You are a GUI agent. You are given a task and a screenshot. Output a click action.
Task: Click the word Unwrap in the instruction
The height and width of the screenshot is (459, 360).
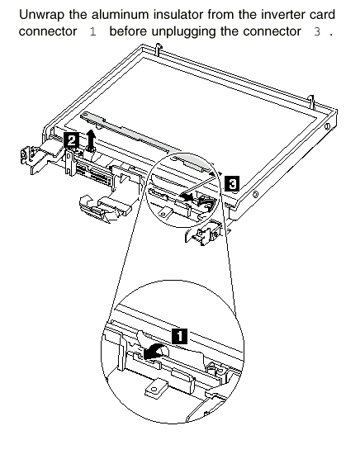click(41, 14)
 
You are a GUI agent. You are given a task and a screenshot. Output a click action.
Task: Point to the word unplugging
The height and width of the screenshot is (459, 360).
click(184, 31)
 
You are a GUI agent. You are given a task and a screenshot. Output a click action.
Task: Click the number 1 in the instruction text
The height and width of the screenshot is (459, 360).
click(92, 31)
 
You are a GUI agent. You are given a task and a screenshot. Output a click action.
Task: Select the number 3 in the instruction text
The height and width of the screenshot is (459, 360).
click(317, 31)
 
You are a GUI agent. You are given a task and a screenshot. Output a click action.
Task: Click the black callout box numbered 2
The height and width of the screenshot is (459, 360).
click(71, 140)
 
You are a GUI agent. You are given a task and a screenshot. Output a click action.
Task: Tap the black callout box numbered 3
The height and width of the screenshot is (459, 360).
click(232, 183)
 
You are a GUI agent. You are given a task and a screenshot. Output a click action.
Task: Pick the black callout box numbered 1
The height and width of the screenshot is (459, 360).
click(179, 336)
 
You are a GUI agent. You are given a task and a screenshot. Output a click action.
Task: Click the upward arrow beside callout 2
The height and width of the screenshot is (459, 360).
click(92, 140)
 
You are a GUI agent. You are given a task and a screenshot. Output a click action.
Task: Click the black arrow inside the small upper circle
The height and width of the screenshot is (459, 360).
click(187, 198)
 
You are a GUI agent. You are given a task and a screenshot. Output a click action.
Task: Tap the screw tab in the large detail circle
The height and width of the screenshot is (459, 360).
click(156, 388)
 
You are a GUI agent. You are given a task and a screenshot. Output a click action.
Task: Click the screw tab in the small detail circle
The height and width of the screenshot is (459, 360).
click(164, 212)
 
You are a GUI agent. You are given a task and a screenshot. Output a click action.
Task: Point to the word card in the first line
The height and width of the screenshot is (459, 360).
click(323, 14)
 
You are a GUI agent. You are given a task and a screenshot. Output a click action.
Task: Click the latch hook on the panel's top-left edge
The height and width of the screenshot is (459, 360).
click(158, 50)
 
